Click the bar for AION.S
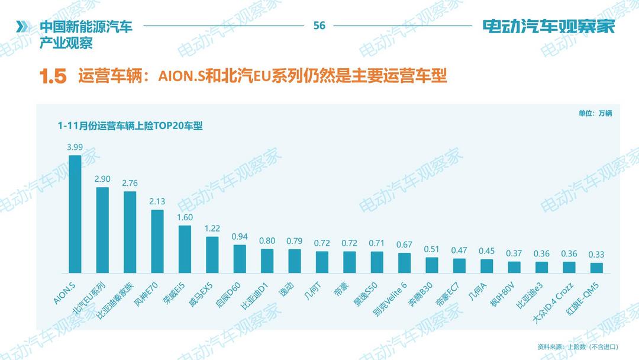click(x=75, y=214)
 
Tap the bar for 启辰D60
click(x=240, y=258)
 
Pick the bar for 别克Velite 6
click(x=404, y=262)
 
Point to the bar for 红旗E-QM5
click(x=596, y=267)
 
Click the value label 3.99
click(x=75, y=147)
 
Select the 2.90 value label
click(x=102, y=179)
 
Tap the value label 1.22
click(x=212, y=229)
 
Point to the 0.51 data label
click(x=432, y=249)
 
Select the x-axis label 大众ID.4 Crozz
click(x=554, y=302)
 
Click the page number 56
click(x=319, y=25)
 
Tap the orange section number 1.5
click(x=53, y=76)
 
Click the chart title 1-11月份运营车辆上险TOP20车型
click(x=130, y=126)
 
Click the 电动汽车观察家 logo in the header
click(x=549, y=27)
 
